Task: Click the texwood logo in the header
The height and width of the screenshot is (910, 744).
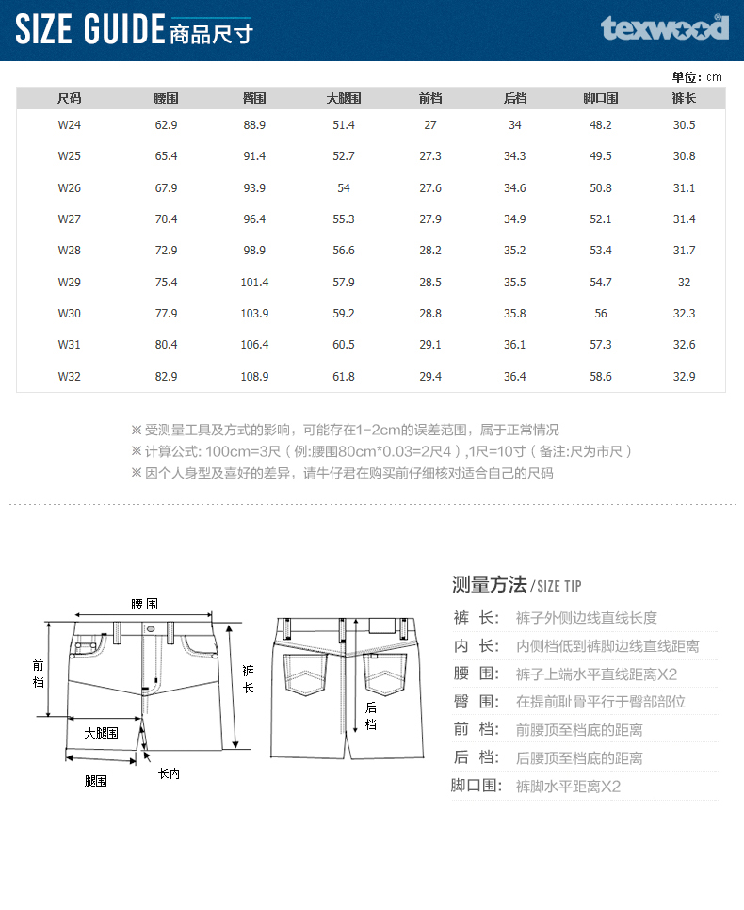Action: pyautogui.click(x=665, y=27)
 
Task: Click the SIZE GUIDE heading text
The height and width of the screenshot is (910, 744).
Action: pyautogui.click(x=90, y=30)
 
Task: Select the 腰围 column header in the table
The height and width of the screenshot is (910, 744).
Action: pyautogui.click(x=167, y=98)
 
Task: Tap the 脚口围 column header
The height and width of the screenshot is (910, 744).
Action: pyautogui.click(x=601, y=98)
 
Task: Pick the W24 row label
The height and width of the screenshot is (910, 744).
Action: pyautogui.click(x=69, y=125)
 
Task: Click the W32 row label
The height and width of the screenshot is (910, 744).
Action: pyautogui.click(x=69, y=377)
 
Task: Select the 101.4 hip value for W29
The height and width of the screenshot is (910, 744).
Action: pyautogui.click(x=254, y=283)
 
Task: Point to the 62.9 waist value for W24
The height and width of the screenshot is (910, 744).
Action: pyautogui.click(x=167, y=125)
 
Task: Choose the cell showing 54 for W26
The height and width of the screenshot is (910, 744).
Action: pyautogui.click(x=344, y=188)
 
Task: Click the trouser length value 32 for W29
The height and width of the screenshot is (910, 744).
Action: pyautogui.click(x=685, y=283)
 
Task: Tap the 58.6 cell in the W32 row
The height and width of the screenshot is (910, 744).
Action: pyautogui.click(x=601, y=377)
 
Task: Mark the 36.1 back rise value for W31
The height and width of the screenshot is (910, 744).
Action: pyautogui.click(x=515, y=345)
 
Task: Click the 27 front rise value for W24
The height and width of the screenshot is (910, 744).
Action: pyautogui.click(x=430, y=125)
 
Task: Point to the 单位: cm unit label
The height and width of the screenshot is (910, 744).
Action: pyautogui.click(x=697, y=77)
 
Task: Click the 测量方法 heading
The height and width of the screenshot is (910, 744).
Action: pyautogui.click(x=489, y=584)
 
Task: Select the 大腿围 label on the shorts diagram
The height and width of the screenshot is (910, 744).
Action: pyautogui.click(x=101, y=732)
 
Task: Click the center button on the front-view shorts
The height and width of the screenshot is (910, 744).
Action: pyautogui.click(x=150, y=628)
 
